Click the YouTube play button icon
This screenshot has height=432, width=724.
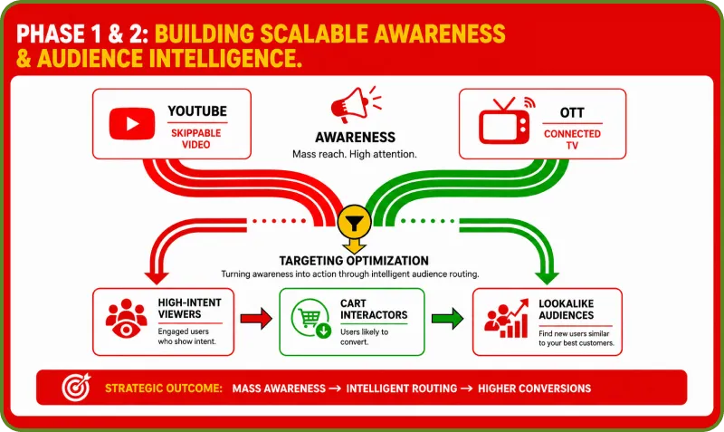(132, 124)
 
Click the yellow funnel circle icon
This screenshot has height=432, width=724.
(354, 222)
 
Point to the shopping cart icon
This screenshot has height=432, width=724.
(311, 318)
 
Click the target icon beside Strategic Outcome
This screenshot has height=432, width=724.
(76, 388)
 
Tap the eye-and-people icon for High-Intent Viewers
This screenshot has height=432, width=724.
(126, 319)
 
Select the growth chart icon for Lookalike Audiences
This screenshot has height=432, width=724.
(507, 319)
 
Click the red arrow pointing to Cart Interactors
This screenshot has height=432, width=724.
(256, 319)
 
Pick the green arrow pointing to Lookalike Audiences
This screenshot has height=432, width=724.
(447, 319)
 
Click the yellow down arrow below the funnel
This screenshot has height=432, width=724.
(354, 245)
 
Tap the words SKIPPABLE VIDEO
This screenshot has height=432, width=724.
(196, 139)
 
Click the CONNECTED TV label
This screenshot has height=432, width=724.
(572, 139)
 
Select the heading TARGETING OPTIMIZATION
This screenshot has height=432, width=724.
(354, 261)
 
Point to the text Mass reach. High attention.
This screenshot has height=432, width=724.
(355, 154)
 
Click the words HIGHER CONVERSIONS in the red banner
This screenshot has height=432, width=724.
(534, 389)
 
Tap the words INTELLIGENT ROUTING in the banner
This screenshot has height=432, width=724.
(402, 389)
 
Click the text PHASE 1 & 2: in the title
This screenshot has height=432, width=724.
(82, 34)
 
